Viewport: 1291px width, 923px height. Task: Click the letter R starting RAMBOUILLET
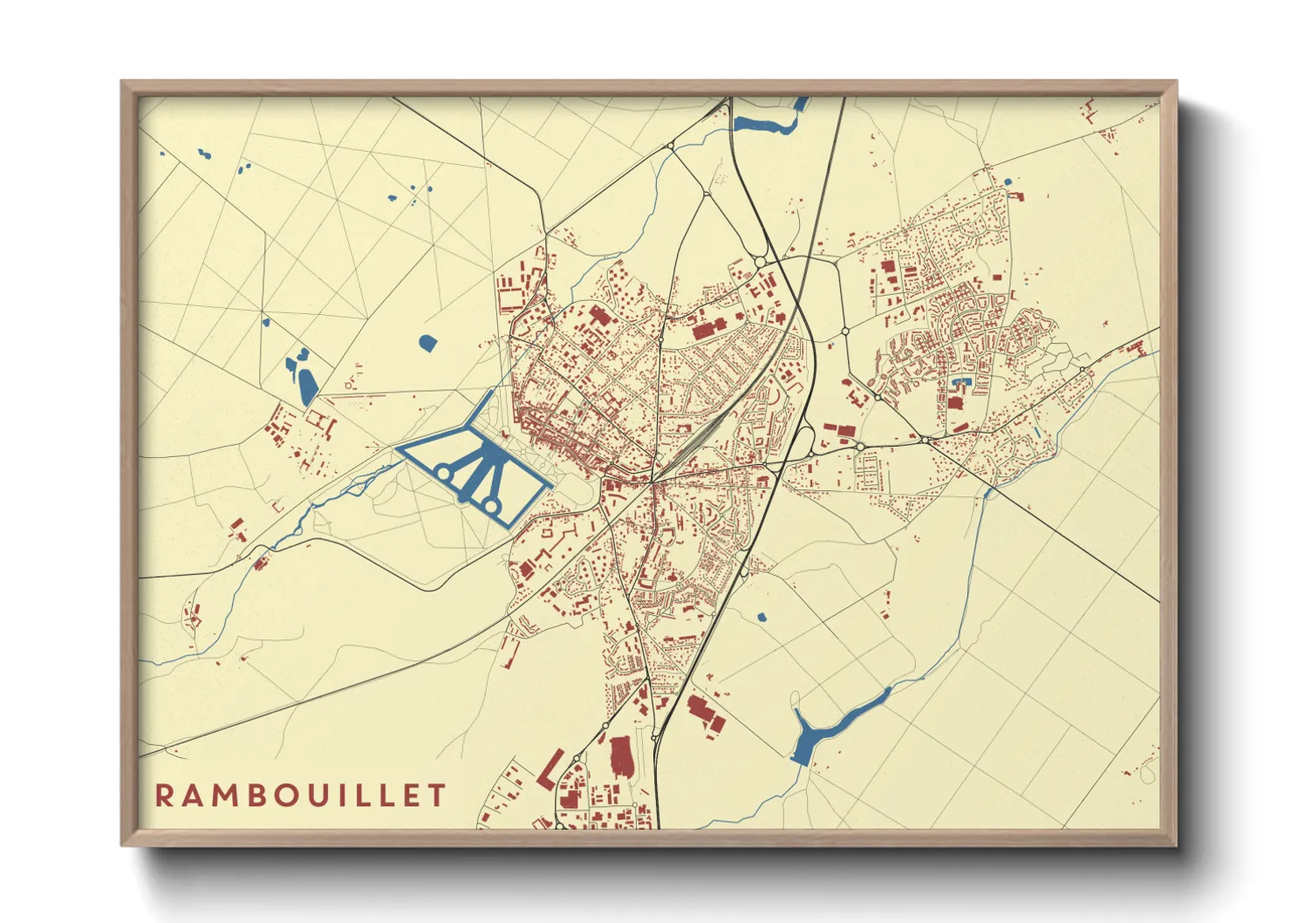[x=164, y=795]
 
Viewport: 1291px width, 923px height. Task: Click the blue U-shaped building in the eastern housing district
[x=961, y=382]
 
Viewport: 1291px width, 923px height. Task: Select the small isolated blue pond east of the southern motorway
[x=762, y=618]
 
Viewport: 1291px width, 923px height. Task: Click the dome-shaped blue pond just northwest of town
[x=427, y=342]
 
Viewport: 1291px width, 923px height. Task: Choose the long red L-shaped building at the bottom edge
[x=550, y=769]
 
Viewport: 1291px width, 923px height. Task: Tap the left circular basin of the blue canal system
[x=443, y=473]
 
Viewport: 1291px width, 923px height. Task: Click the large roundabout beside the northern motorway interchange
[x=760, y=262]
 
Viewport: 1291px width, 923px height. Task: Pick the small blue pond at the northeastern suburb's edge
[x=1008, y=181]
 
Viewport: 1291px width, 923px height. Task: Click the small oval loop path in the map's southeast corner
[x=1146, y=773]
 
